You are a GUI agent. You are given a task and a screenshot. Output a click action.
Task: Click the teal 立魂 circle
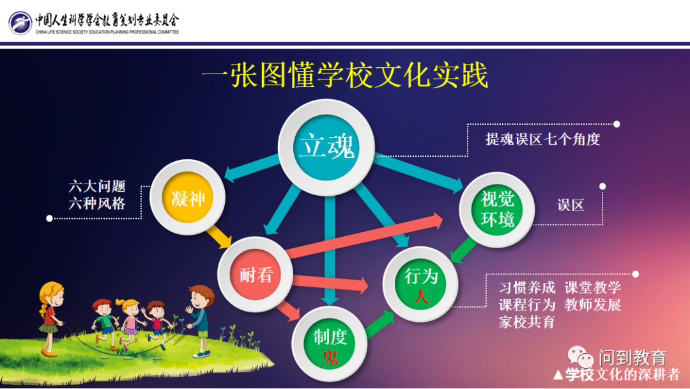click(x=326, y=147)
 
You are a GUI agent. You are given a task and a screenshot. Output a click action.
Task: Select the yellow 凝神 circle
click(x=188, y=197)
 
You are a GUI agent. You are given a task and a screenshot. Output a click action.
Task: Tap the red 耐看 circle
click(x=255, y=274)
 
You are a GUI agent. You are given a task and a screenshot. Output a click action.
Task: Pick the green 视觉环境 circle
click(x=497, y=210)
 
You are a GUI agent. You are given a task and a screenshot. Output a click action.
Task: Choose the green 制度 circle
click(x=330, y=344)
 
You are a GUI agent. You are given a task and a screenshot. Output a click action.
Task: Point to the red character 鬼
click(x=330, y=357)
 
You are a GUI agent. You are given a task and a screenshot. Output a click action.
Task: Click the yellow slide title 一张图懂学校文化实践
click(x=345, y=75)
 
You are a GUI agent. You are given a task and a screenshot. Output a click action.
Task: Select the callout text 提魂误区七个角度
click(x=543, y=139)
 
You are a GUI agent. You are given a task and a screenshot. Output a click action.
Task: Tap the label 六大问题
click(x=97, y=186)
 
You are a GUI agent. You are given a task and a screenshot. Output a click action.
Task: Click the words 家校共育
click(x=526, y=322)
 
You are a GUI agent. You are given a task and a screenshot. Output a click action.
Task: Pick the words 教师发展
click(x=593, y=305)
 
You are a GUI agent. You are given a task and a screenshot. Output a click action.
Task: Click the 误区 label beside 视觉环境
click(x=571, y=205)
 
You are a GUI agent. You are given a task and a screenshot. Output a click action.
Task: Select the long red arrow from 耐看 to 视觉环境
click(x=364, y=236)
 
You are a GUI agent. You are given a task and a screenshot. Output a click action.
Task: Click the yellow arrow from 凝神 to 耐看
click(x=218, y=237)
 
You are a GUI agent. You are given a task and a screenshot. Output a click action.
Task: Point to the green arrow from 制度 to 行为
click(x=379, y=324)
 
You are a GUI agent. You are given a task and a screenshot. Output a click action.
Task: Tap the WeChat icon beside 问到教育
click(x=580, y=357)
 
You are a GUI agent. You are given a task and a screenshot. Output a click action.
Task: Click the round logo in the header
click(x=20, y=23)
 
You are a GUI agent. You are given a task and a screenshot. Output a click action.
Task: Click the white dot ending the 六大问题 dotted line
click(x=49, y=219)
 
